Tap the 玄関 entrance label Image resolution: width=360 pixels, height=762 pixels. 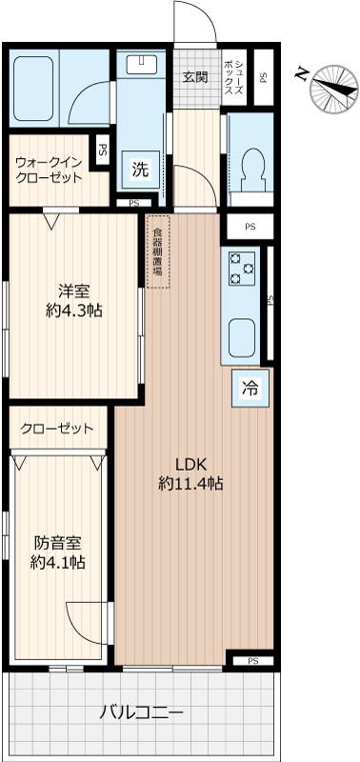(x=195, y=77)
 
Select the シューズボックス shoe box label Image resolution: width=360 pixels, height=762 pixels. (x=233, y=75)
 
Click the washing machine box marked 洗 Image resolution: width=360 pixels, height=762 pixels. (x=140, y=170)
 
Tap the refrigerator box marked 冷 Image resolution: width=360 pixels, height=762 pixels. (x=250, y=388)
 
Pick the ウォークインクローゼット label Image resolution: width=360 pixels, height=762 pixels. (x=48, y=169)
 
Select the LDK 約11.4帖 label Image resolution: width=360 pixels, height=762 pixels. (x=190, y=474)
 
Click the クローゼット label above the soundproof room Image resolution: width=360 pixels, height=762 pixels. (x=57, y=429)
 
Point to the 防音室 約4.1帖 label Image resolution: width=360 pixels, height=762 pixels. (x=57, y=552)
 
